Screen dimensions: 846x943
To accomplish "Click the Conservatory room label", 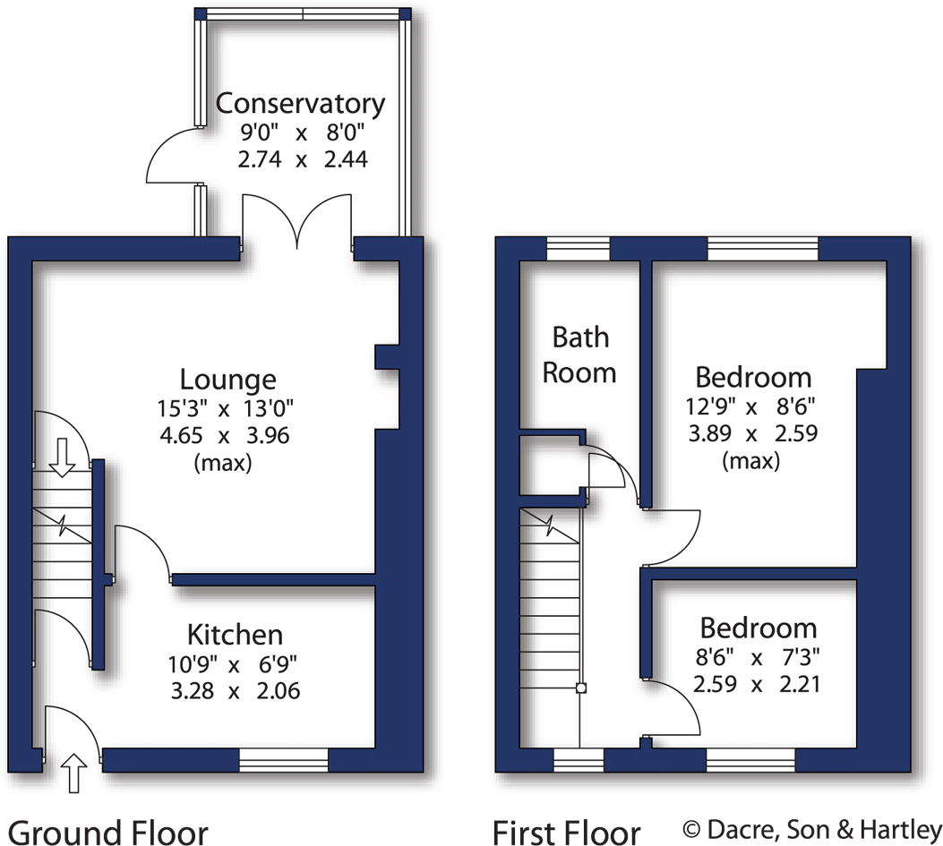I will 300,104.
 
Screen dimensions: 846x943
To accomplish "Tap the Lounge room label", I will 227,379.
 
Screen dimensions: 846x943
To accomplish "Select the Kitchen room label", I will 235,635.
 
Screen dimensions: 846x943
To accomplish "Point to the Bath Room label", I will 579,355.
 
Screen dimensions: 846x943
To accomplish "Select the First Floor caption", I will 567,829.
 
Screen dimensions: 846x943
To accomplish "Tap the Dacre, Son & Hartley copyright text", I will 812,829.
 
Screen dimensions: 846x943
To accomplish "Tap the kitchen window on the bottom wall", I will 283,760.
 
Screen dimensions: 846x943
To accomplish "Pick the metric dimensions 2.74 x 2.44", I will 300,160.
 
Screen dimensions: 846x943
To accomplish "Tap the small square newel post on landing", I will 580,688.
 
